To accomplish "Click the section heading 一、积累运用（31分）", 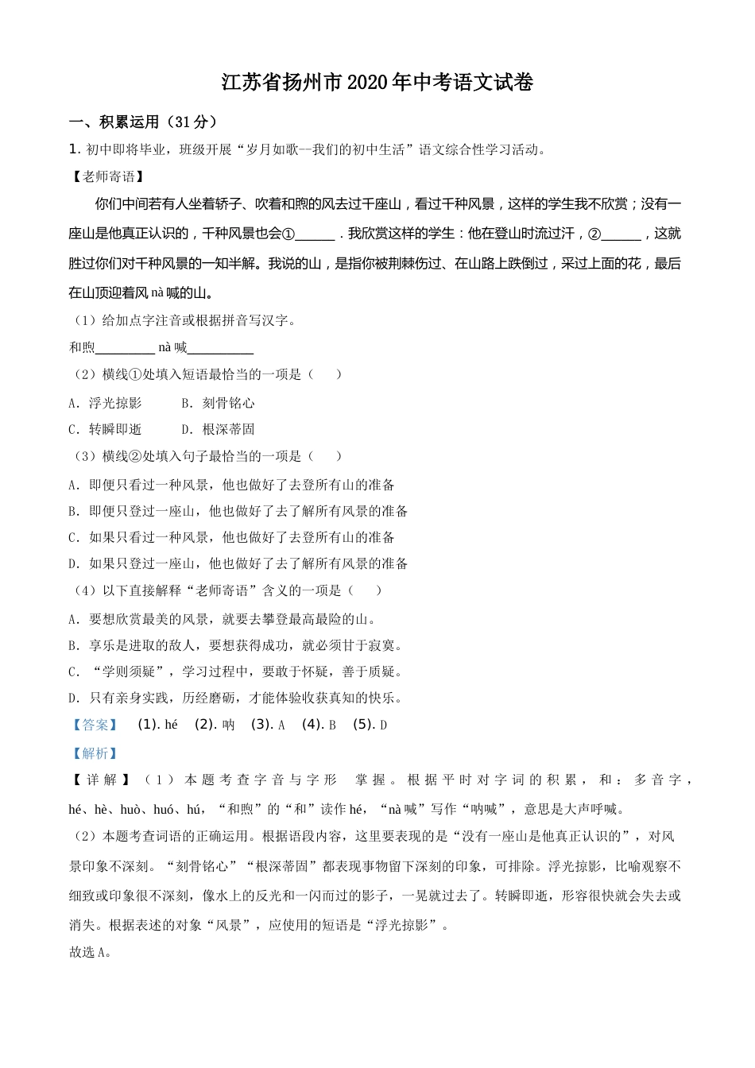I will pyautogui.click(x=143, y=122).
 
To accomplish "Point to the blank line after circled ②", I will pyautogui.click(x=622, y=235).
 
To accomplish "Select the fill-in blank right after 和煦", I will pyautogui.click(x=125, y=348).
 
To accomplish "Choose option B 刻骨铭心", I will pyautogui.click(x=219, y=403).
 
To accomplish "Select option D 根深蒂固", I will pyautogui.click(x=219, y=429).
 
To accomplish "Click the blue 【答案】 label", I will pyautogui.click(x=95, y=725).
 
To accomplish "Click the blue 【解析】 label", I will pyautogui.click(x=95, y=753).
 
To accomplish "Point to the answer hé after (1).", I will pyautogui.click(x=171, y=725).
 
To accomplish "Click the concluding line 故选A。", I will pyautogui.click(x=90, y=952).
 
